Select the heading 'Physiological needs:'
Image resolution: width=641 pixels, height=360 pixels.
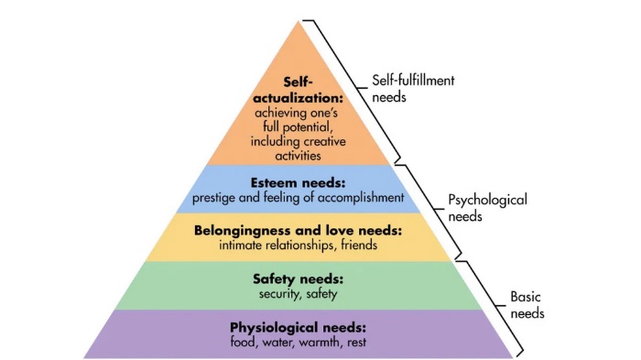(298, 327)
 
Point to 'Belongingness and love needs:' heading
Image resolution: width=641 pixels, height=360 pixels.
(298, 231)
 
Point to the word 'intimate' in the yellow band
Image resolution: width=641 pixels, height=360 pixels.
(244, 245)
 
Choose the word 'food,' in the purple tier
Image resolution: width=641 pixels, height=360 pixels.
(244, 342)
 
